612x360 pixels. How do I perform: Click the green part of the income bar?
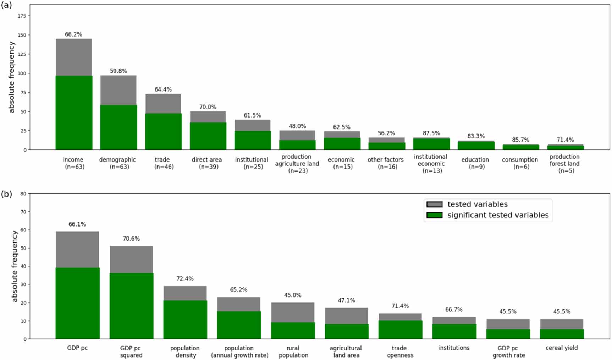pyautogui.click(x=74, y=113)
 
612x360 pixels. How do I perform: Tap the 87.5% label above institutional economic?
pyautogui.click(x=431, y=133)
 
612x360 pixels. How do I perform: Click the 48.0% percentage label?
pyautogui.click(x=297, y=126)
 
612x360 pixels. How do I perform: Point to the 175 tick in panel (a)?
pyautogui.click(x=22, y=16)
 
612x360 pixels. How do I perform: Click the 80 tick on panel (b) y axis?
pyautogui.click(x=23, y=193)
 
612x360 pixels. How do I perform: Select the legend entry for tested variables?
pyautogui.click(x=477, y=204)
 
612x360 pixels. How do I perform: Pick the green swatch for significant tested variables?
pyautogui.click(x=434, y=215)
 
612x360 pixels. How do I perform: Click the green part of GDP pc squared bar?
pyautogui.click(x=131, y=306)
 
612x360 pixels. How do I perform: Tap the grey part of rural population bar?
pyautogui.click(x=293, y=312)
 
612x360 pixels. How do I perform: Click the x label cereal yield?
pyautogui.click(x=561, y=348)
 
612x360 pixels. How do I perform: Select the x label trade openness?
pyautogui.click(x=400, y=351)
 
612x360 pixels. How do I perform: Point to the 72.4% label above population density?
pyautogui.click(x=185, y=279)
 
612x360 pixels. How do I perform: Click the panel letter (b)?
pyautogui.click(x=6, y=194)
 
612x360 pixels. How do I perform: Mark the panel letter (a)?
pyautogui.click(x=6, y=5)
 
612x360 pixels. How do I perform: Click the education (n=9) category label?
pyautogui.click(x=475, y=163)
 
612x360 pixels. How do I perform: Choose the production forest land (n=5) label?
pyautogui.click(x=564, y=163)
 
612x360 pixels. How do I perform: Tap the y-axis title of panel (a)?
pyautogui.click(x=12, y=77)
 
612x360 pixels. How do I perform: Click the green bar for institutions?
pyautogui.click(x=454, y=331)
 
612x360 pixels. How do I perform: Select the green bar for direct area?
pyautogui.click(x=208, y=136)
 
